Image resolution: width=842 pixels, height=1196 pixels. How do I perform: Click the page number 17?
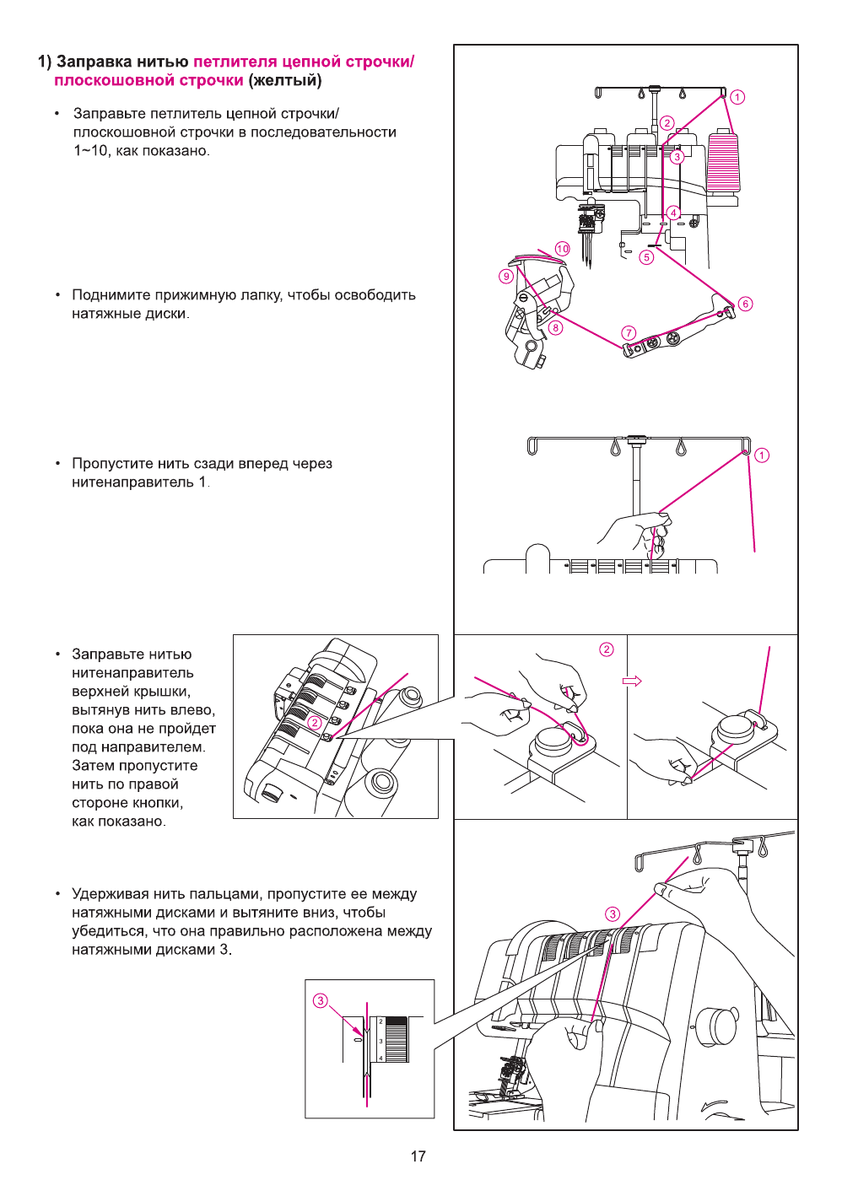tap(418, 1156)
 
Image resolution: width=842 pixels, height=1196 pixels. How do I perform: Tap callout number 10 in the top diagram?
tap(563, 249)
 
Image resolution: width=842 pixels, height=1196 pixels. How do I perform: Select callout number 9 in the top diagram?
tap(506, 276)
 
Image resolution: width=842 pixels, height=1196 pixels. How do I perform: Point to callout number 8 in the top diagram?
tap(555, 328)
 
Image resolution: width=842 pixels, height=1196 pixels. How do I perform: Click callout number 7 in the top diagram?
tap(629, 333)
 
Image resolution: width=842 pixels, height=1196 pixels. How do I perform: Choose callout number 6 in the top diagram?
tap(745, 304)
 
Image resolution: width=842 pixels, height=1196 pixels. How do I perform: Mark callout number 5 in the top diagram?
tap(647, 257)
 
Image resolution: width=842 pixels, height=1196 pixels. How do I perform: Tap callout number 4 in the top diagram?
tap(673, 213)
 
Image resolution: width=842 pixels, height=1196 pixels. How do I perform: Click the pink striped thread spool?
tap(723, 161)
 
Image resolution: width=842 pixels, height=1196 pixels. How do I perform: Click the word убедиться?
tap(107, 931)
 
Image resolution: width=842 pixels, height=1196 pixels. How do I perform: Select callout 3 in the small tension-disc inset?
tap(320, 1000)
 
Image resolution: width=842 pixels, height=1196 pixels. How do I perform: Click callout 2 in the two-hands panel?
tap(607, 649)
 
